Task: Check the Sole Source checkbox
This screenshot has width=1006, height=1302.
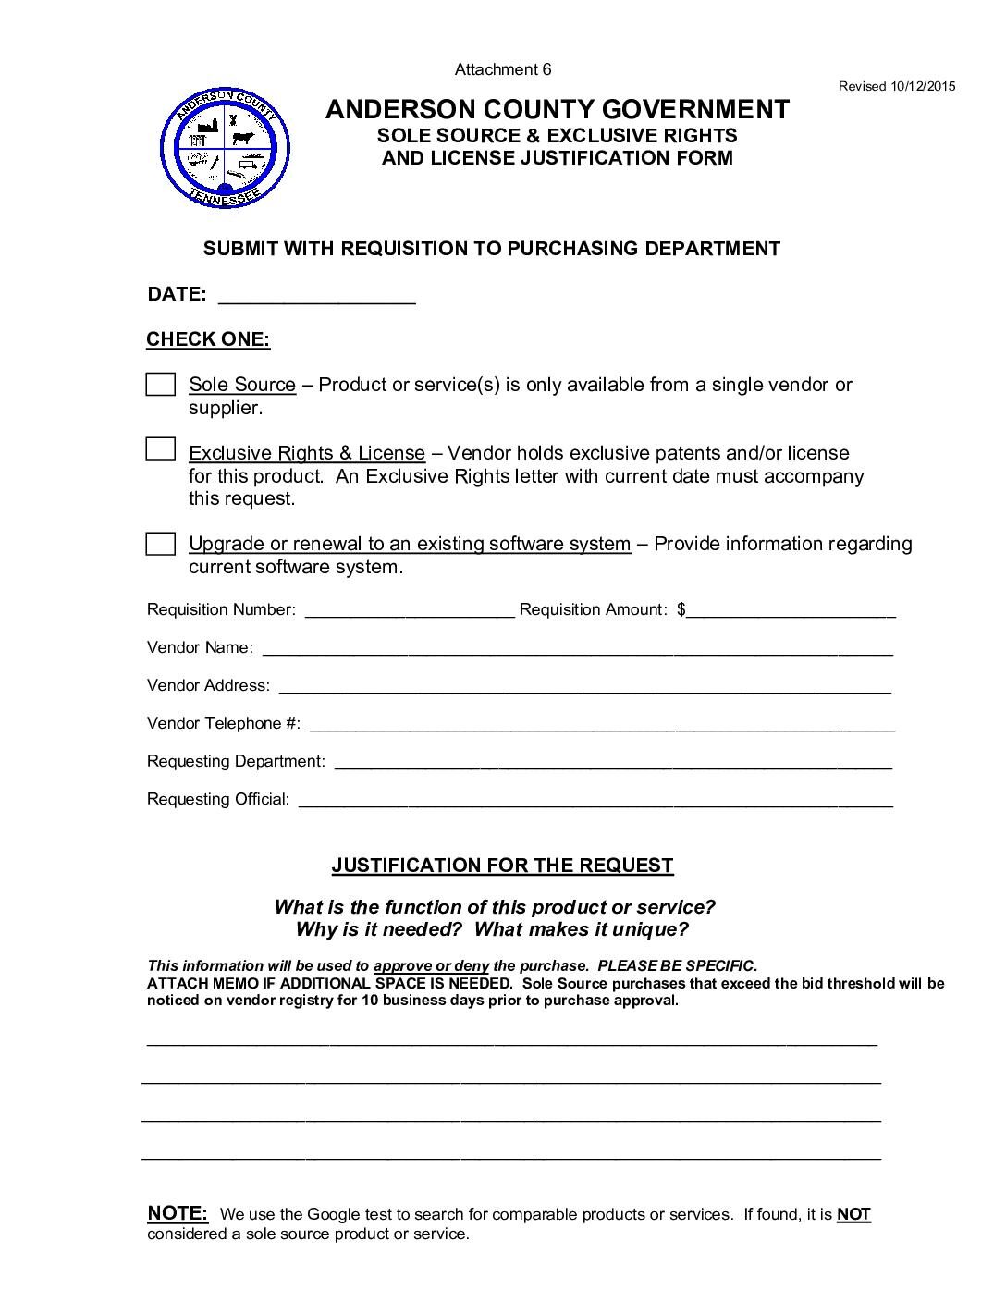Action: pos(161,385)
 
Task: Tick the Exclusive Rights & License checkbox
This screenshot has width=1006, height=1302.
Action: pos(161,449)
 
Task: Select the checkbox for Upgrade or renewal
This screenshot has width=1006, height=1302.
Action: pos(161,544)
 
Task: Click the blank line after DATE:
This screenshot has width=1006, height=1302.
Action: pos(316,296)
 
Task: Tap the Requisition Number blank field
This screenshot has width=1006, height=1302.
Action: pos(409,610)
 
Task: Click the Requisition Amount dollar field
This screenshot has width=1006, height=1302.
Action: pos(791,610)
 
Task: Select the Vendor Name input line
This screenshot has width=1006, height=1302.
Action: pos(577,648)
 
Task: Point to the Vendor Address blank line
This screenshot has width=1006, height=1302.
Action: pos(584,686)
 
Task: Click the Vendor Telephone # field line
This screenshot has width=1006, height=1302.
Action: pos(607,724)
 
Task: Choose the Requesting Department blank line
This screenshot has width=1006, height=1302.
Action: pos(612,762)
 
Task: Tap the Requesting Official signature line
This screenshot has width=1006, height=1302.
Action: pos(595,800)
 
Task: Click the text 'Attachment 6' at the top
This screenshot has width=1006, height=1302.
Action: pos(503,69)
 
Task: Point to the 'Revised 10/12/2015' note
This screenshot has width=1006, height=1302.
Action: pos(896,87)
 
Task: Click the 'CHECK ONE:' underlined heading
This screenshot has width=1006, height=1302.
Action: pos(208,339)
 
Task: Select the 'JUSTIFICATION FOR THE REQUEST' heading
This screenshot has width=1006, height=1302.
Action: pos(503,866)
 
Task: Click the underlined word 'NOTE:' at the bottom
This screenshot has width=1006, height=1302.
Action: pos(178,1213)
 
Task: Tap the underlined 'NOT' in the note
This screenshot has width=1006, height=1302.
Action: pos(853,1214)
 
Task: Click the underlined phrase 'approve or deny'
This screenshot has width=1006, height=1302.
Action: pos(431,966)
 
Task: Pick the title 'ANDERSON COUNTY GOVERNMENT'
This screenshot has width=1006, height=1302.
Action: pos(558,109)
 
